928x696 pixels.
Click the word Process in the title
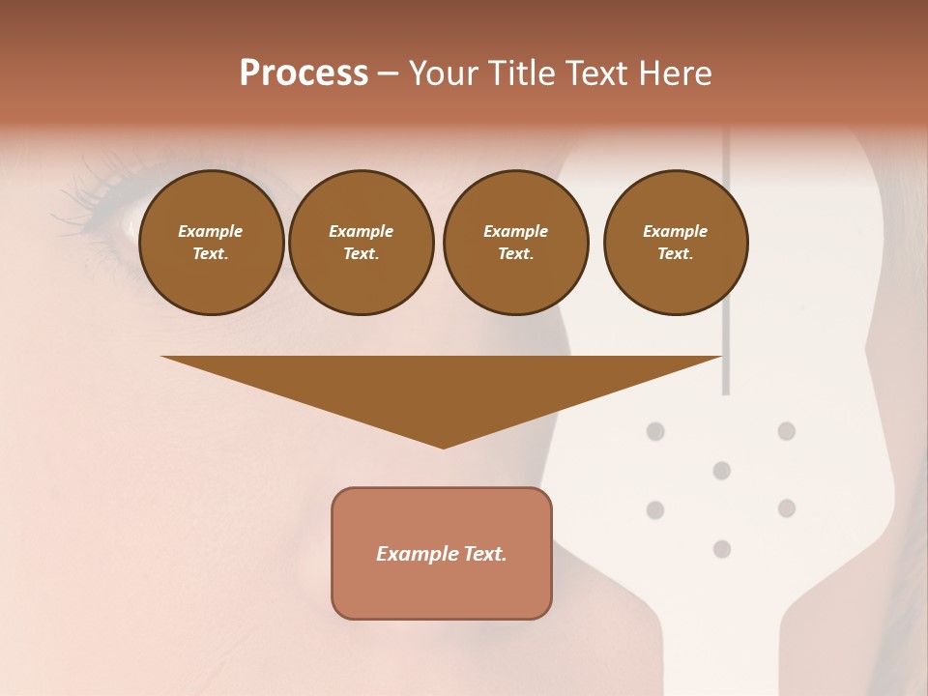(304, 73)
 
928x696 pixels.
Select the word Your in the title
(442, 73)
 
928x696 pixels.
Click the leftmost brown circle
(211, 243)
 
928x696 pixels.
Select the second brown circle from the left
(361, 243)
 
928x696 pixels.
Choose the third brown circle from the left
(515, 243)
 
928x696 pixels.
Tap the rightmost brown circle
(675, 243)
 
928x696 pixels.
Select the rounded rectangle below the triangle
(442, 590)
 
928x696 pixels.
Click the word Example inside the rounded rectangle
(415, 554)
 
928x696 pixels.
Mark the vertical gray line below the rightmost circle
(726, 358)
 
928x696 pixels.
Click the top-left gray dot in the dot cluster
(655, 430)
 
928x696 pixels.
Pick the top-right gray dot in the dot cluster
(787, 430)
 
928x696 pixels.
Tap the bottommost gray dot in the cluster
(721, 549)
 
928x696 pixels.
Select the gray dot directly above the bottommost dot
(721, 471)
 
